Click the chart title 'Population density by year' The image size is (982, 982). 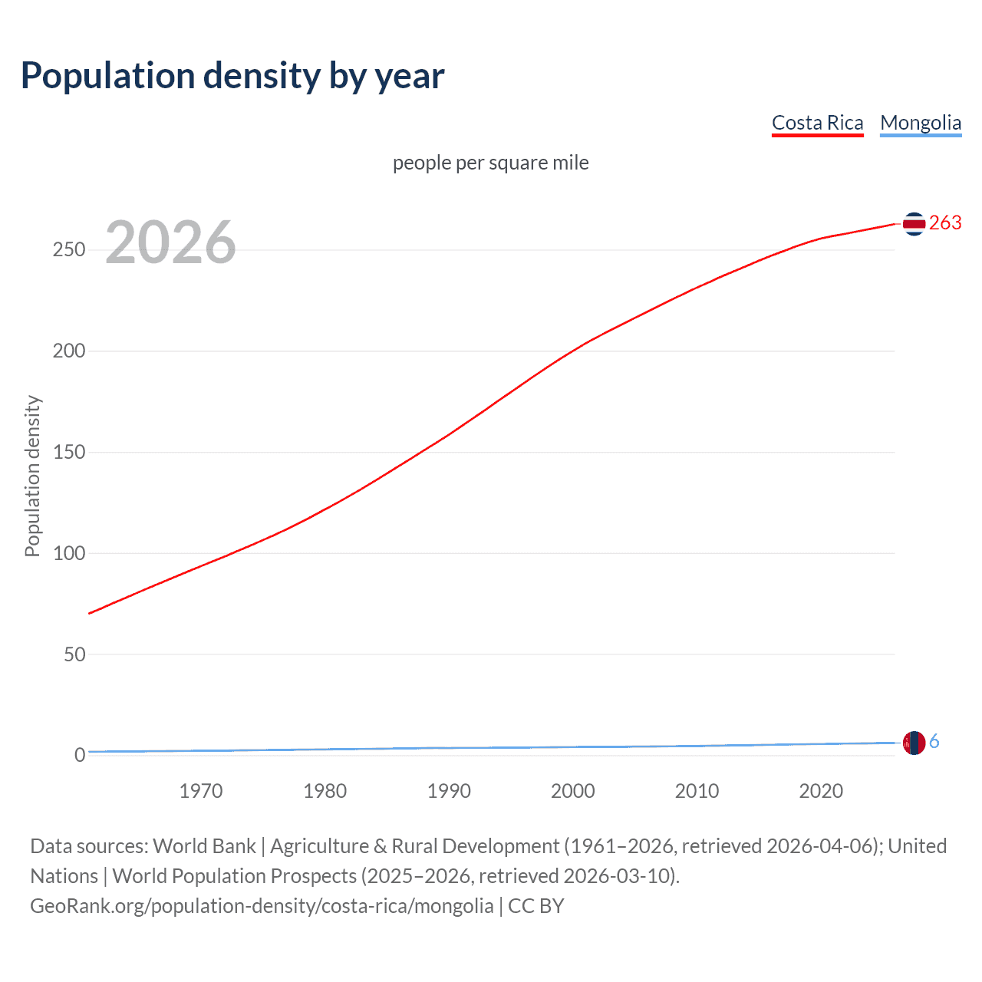pos(232,76)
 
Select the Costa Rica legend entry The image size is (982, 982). pos(817,123)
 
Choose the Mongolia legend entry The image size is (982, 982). pos(920,123)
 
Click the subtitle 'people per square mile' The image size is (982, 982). pos(490,163)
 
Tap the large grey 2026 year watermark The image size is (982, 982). pos(170,242)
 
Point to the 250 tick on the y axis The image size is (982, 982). pos(69,250)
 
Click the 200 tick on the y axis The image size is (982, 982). pos(69,351)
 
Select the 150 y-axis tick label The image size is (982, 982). pos(69,453)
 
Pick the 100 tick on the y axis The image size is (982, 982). pos(69,553)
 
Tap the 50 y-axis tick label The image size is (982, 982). pos(74,654)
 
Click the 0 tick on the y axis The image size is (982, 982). pos(80,756)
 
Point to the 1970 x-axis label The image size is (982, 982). pos(201,791)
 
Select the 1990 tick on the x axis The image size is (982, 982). pos(449,791)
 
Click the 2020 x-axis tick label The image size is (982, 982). pos(821,791)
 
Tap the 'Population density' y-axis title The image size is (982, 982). pos(32,476)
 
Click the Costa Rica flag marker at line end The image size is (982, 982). pos(914,223)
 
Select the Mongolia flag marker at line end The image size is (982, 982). pos(914,743)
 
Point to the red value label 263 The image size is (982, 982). pos(945,223)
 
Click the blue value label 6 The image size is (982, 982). pos(934,742)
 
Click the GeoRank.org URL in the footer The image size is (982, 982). pos(262,906)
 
